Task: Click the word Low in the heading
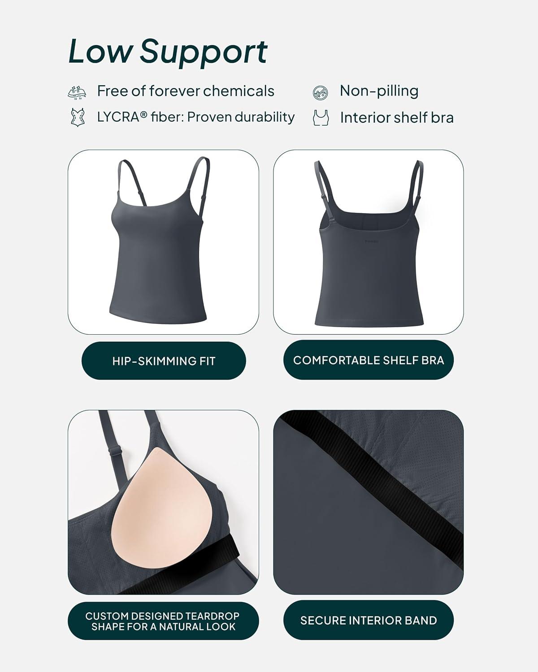coord(100,51)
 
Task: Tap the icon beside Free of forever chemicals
coord(77,92)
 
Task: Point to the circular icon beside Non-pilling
coord(321,93)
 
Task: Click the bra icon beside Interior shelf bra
coord(321,118)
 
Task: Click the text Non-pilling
coord(379,91)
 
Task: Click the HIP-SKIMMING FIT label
coord(164,361)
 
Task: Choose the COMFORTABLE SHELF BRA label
coord(369,360)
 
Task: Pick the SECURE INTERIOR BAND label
coord(369,620)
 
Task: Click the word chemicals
coord(239,91)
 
